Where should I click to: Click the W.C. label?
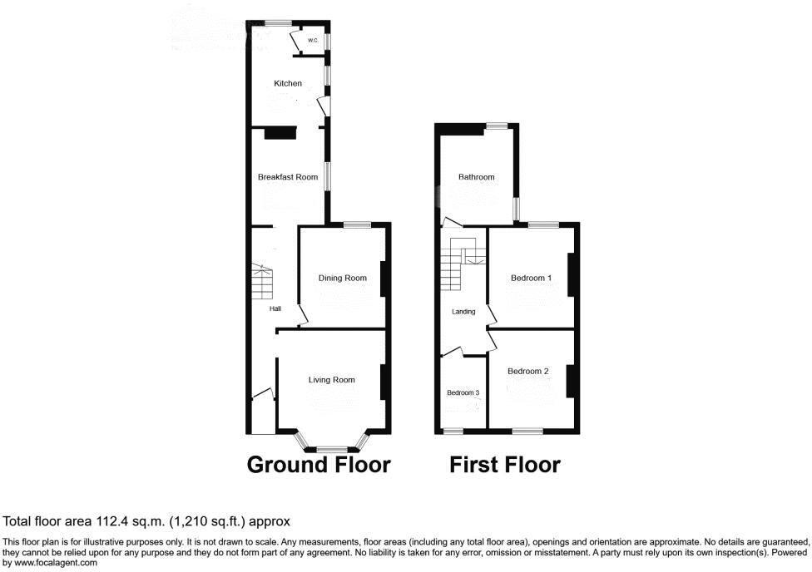point(313,40)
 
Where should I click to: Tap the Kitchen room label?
point(289,83)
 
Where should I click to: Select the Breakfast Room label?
point(288,177)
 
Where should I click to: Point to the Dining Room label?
point(343,278)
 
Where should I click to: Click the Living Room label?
point(332,380)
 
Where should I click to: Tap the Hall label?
point(275,309)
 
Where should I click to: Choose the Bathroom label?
point(477,177)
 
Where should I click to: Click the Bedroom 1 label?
point(531,278)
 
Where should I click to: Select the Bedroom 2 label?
point(528,372)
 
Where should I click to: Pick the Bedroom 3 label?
point(463,392)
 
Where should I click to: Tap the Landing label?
point(463,312)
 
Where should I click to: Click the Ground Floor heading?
point(319,464)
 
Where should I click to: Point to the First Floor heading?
point(505,464)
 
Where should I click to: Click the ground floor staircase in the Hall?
point(263,282)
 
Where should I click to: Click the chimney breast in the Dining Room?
point(384,279)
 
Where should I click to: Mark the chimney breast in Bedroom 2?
point(572,382)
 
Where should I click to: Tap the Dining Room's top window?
point(358,224)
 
